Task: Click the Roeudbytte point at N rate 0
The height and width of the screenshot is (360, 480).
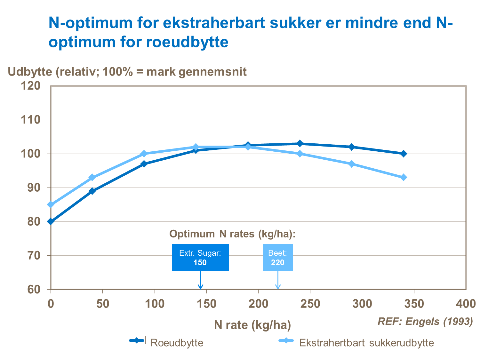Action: pyautogui.click(x=51, y=221)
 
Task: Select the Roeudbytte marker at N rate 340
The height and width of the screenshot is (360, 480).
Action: pyautogui.click(x=404, y=154)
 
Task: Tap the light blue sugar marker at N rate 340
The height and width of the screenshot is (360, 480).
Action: pyautogui.click(x=404, y=177)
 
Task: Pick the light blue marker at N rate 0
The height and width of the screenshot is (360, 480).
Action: pyautogui.click(x=51, y=204)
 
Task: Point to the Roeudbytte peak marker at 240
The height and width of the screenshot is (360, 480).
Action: pyautogui.click(x=300, y=143)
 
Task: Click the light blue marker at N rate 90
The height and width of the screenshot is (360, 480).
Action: pyautogui.click(x=144, y=154)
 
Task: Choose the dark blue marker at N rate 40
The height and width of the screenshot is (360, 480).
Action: pyautogui.click(x=92, y=191)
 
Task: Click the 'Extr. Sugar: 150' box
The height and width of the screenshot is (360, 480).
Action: pyautogui.click(x=200, y=258)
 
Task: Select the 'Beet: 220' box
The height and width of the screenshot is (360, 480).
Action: pyautogui.click(x=277, y=258)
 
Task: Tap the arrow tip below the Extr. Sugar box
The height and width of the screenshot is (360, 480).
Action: pyautogui.click(x=200, y=288)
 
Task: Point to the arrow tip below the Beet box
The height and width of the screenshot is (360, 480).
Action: pyautogui.click(x=278, y=288)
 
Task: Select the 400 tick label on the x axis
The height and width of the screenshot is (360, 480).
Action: pyautogui.click(x=466, y=304)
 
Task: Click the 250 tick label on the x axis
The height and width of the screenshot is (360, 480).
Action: pyautogui.click(x=310, y=304)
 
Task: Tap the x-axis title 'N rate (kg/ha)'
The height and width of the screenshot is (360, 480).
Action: pyautogui.click(x=252, y=325)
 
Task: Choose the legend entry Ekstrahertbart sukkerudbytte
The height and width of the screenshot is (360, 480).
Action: pyautogui.click(x=366, y=343)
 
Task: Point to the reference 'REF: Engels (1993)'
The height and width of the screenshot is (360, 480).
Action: pyautogui.click(x=425, y=321)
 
